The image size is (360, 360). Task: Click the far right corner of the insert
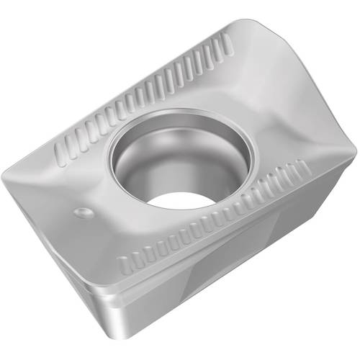(354, 150)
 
